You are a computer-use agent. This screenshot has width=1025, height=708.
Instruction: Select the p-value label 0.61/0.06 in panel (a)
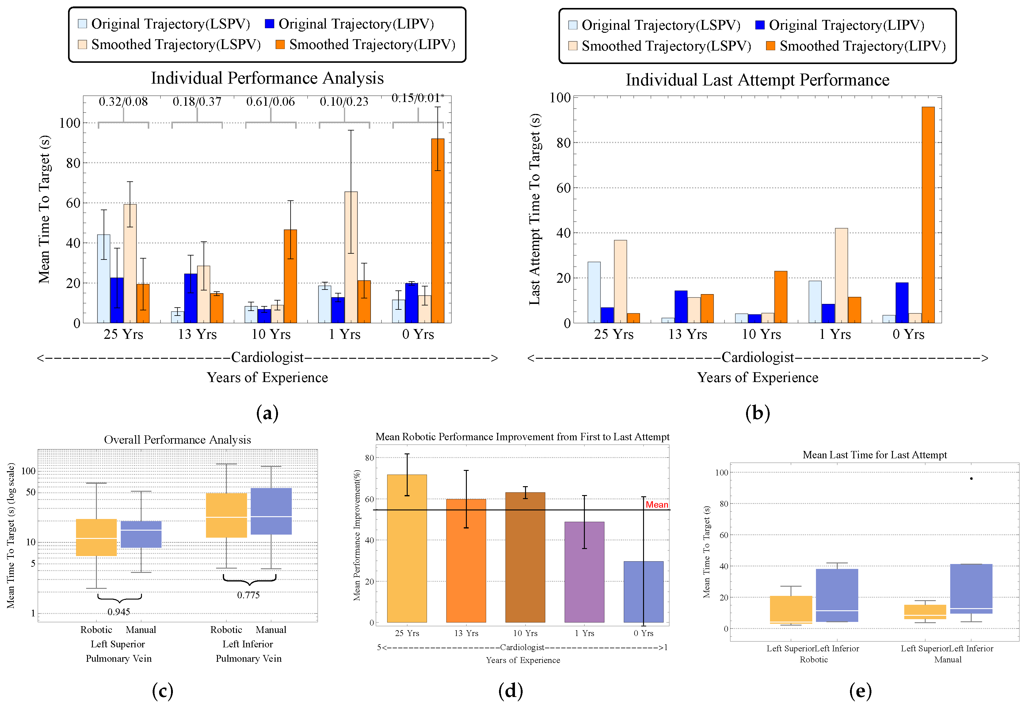coord(270,102)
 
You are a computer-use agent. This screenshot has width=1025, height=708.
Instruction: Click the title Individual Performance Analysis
coord(267,78)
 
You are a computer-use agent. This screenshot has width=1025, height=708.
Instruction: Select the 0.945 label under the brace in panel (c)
coord(119,612)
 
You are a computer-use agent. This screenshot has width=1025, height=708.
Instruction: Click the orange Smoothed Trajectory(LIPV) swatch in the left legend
coord(280,44)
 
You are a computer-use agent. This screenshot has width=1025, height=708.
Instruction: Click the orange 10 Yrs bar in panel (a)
coord(290,276)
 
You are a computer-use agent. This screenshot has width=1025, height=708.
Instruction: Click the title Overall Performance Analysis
coord(177,440)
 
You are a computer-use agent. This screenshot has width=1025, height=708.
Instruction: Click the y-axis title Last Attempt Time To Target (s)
coord(535,209)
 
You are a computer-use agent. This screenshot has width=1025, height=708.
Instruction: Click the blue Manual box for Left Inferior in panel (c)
coord(271,511)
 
